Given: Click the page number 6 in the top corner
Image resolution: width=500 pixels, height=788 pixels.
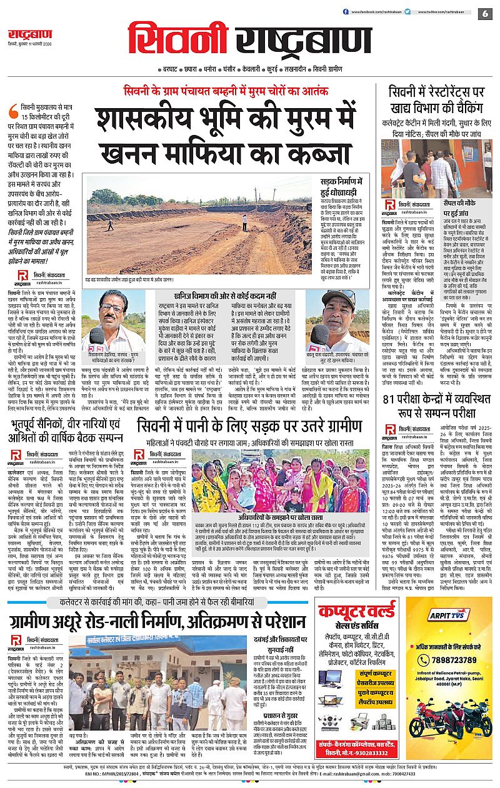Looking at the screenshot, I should (485, 13).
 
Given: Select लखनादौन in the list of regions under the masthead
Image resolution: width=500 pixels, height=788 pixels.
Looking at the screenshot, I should (289, 69).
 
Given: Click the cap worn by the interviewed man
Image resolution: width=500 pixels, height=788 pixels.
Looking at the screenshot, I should (337, 300).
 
